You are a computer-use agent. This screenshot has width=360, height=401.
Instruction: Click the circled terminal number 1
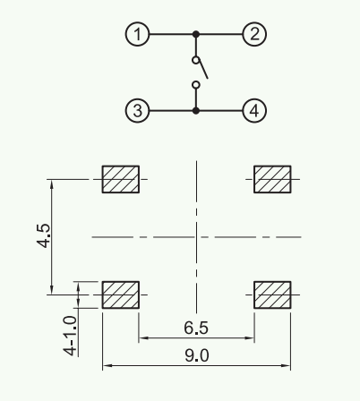(137, 34)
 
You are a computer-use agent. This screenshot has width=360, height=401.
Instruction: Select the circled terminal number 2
(254, 34)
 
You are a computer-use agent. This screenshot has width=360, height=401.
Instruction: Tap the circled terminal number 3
(137, 111)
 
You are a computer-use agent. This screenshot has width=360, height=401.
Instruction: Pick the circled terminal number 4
(254, 111)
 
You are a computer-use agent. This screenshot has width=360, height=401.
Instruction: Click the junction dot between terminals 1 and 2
(196, 34)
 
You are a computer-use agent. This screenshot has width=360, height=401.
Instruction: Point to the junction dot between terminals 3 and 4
(196, 111)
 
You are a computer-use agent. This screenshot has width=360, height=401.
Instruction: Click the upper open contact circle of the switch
(196, 60)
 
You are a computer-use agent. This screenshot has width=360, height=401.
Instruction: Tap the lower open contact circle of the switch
(196, 85)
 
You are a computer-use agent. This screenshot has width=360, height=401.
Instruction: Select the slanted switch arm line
(203, 69)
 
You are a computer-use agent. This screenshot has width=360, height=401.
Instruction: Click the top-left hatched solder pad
(121, 179)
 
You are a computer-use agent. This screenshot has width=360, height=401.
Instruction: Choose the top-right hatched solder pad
(272, 179)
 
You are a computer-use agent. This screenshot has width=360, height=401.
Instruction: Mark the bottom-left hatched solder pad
(121, 294)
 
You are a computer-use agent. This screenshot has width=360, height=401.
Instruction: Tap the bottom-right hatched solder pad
(272, 294)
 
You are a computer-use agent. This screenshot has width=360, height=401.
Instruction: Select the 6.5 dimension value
(196, 328)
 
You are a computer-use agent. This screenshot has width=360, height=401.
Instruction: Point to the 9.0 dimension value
(197, 355)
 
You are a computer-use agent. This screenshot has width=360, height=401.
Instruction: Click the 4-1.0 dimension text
(70, 336)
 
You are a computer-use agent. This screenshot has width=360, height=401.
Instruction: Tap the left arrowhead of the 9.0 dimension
(107, 365)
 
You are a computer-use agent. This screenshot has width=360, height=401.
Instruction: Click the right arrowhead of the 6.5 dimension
(249, 338)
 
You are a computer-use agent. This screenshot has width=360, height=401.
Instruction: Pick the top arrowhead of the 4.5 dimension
(52, 184)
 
